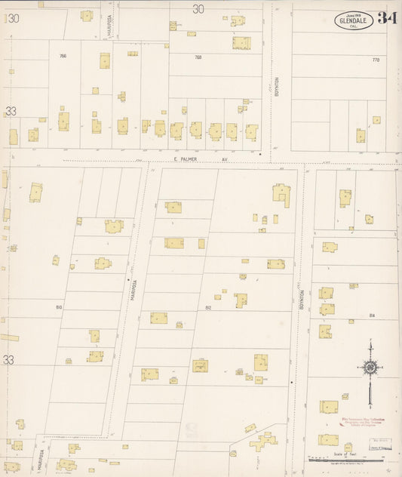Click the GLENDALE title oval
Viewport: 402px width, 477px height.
point(354,20)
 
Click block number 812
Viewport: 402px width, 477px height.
point(208,308)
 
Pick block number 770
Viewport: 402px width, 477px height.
point(375,59)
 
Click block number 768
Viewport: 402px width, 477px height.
point(198,57)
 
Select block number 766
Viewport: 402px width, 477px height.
point(63,56)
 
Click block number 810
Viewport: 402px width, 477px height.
point(59,307)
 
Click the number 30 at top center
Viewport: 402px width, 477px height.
point(198,9)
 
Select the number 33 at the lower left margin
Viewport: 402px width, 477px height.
point(8,360)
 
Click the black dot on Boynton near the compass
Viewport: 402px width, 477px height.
point(292,383)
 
